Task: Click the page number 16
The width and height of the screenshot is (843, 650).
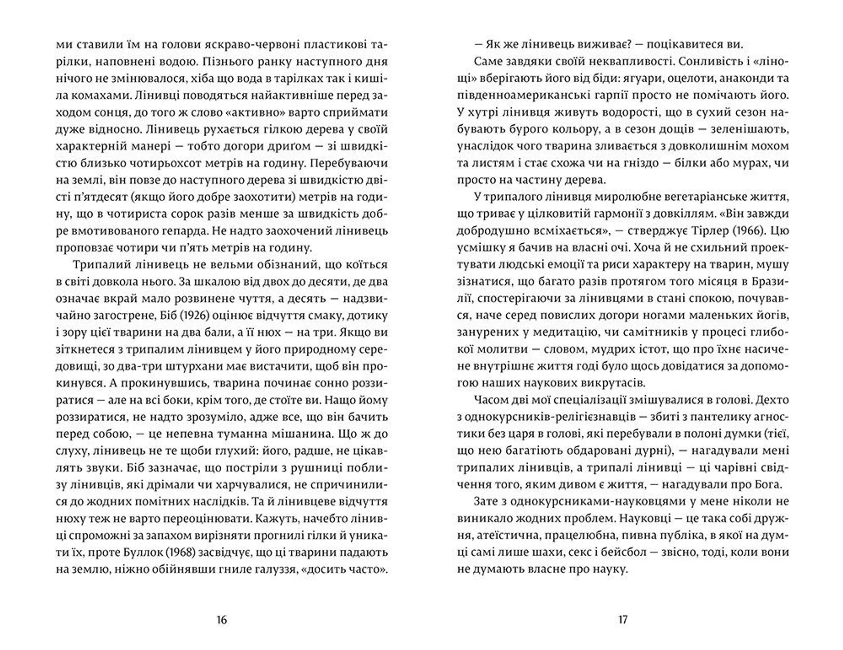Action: [222, 620]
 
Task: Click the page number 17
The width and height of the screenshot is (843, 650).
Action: [623, 620]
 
